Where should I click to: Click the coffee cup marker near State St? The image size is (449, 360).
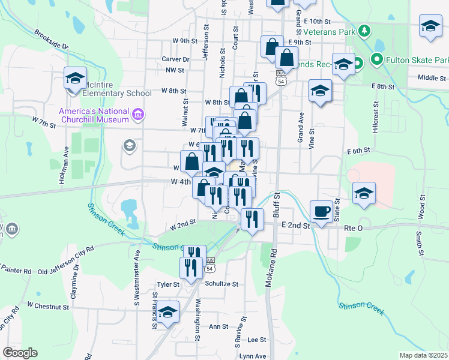point(321,211)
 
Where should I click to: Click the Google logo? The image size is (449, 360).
point(20,353)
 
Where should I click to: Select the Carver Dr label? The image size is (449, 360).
point(175,59)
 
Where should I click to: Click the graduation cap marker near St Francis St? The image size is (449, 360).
point(168,313)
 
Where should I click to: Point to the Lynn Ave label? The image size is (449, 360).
point(253,356)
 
